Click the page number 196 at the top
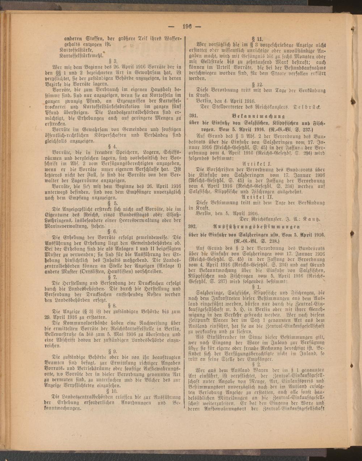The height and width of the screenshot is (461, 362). tap(187, 26)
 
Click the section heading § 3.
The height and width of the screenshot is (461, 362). tap(113, 61)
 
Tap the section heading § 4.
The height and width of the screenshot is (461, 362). tap(114, 147)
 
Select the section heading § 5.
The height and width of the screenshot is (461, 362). tap(114, 203)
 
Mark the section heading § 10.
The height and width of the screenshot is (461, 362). tap(114, 390)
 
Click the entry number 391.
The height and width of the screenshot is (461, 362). tap(193, 116)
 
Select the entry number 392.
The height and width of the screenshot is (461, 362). tap(193, 227)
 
